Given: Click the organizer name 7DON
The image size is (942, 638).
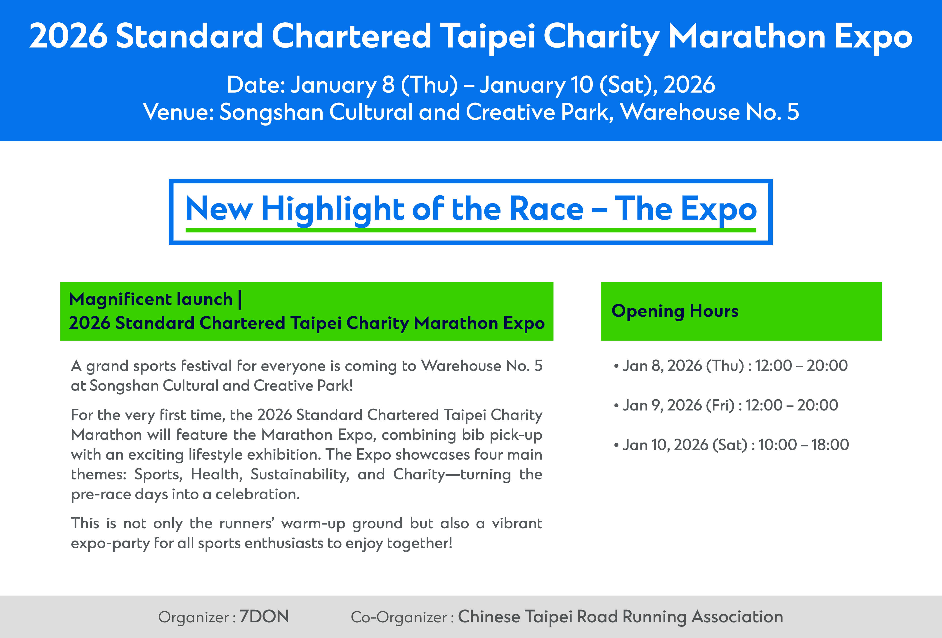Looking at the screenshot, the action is point(264,617).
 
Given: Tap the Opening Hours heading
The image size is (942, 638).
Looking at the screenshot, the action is point(675,311).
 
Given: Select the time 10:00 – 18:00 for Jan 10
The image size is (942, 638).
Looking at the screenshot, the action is point(803,445).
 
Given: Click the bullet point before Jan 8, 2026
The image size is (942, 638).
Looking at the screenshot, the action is point(616,366).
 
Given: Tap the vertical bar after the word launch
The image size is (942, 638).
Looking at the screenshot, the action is point(240,299).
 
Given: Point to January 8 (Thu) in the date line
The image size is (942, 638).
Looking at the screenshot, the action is point(374,85).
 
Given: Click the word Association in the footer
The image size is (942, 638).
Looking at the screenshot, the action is point(737,617).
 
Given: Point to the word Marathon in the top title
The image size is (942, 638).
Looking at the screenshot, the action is point(747,36).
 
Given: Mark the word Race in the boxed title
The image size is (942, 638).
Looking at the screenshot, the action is point(546,209).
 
